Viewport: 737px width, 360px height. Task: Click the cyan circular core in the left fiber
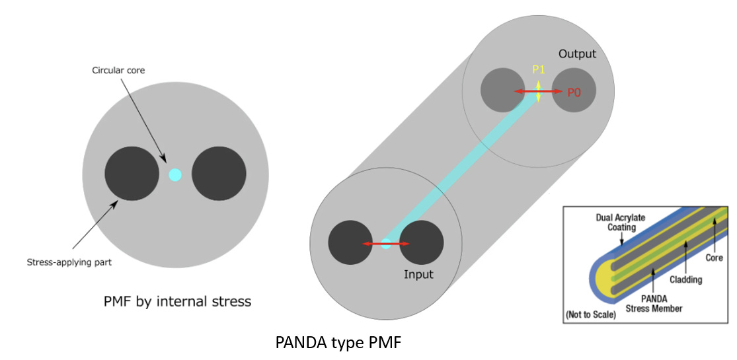click(x=175, y=174)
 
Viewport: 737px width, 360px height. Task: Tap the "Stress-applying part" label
click(x=69, y=263)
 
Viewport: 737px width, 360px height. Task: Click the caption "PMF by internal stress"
click(x=178, y=301)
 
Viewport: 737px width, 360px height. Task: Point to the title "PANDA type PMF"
click(x=338, y=343)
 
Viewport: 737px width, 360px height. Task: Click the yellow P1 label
click(x=538, y=69)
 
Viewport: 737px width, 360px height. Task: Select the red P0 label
click(x=574, y=92)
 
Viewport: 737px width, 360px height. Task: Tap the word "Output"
click(x=577, y=54)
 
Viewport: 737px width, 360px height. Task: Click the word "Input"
click(x=418, y=275)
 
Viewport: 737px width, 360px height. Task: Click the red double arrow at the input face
click(x=386, y=244)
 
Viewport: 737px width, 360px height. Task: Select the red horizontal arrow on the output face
click(x=538, y=91)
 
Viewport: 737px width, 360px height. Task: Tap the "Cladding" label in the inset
click(x=686, y=279)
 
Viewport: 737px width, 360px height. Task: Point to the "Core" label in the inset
click(x=714, y=258)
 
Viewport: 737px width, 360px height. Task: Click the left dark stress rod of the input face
click(x=350, y=242)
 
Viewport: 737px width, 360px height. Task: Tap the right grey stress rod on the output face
click(x=574, y=90)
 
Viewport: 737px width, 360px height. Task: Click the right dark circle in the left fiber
click(x=219, y=174)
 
